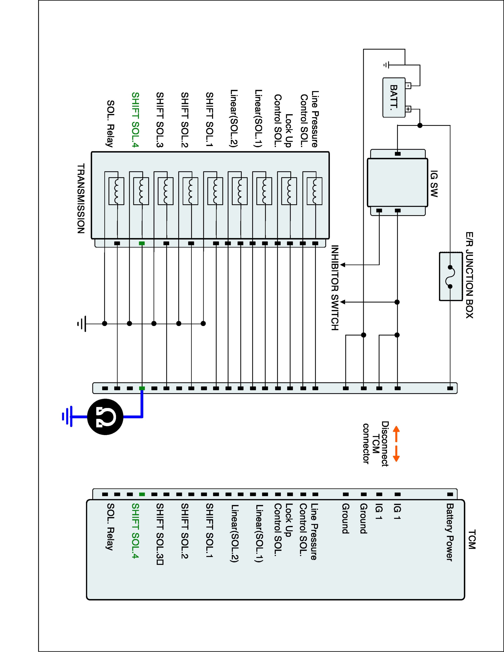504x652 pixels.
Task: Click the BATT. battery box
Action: click(394, 97)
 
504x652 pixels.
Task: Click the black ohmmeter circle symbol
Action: click(105, 416)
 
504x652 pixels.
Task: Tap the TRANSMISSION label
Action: click(81, 198)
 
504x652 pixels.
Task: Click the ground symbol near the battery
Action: click(386, 65)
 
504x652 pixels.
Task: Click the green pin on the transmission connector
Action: click(142, 243)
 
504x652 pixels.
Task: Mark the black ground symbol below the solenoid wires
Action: click(82, 323)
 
